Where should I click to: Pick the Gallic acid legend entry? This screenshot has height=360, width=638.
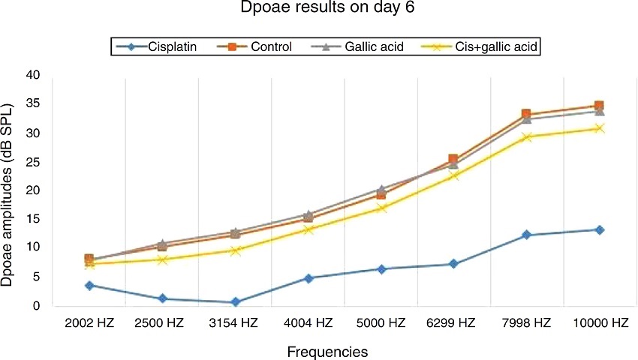pos(363,47)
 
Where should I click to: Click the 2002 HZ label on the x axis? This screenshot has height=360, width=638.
pos(89,323)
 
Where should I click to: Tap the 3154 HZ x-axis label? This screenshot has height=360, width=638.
pos(234,323)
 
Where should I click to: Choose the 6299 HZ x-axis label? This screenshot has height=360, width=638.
pos(453,323)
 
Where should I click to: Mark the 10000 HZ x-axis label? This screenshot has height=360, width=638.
pos(599,323)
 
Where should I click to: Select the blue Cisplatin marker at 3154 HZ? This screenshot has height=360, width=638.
pos(235,302)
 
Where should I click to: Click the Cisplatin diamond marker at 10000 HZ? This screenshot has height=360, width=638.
pos(599,229)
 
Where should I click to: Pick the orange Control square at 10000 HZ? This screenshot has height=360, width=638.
pos(599,106)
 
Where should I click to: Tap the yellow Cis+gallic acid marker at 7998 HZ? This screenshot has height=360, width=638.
pos(526,137)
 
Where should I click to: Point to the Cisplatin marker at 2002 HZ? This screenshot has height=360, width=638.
pos(89,285)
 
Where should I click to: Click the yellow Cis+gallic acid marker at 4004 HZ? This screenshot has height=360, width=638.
pos(308,229)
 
